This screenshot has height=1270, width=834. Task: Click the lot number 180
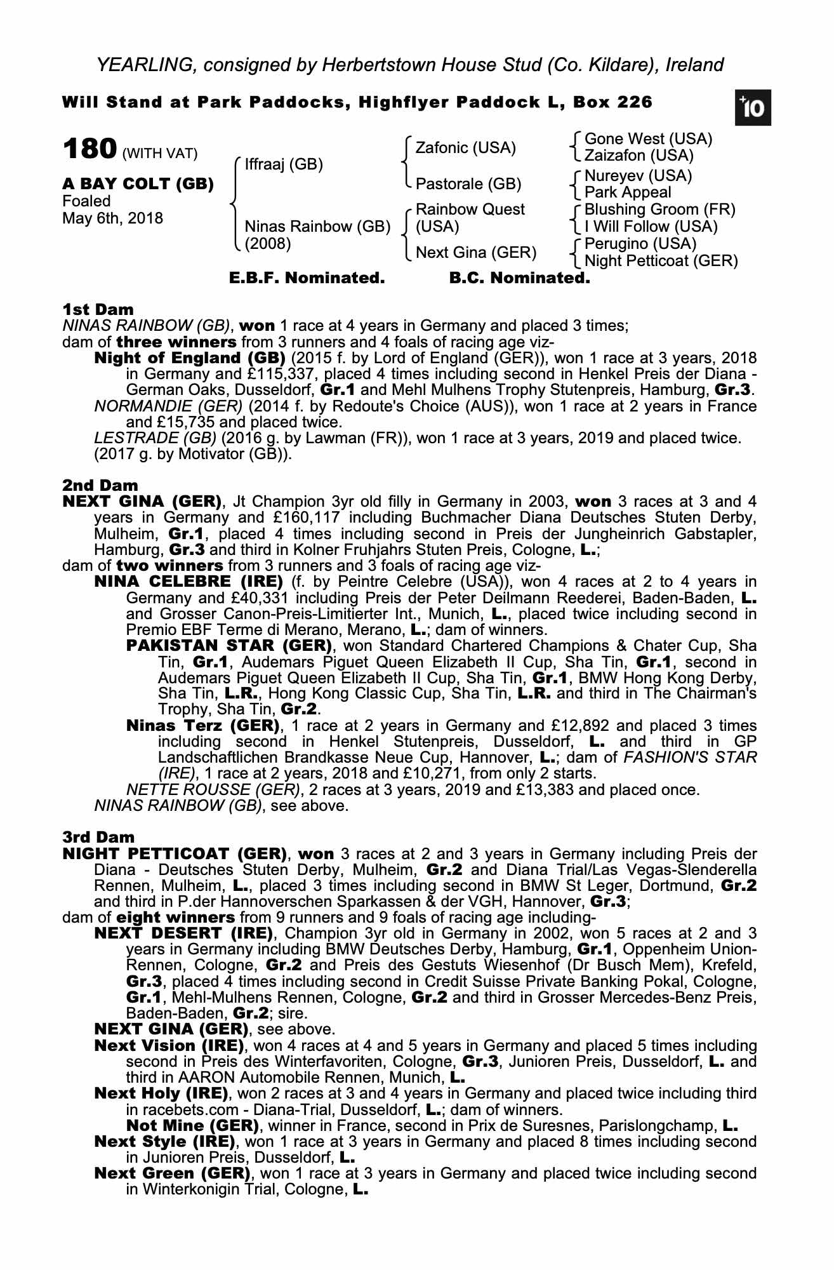point(89,149)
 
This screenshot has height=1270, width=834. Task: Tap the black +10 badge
point(752,109)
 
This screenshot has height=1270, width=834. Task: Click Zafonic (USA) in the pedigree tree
point(465,148)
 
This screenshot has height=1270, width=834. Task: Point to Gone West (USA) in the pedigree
point(648,139)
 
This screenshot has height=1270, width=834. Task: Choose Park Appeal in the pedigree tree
point(627,192)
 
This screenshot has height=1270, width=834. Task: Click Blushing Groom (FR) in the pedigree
point(659,210)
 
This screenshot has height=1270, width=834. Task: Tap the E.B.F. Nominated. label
point(307,278)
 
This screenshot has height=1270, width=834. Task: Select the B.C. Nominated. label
point(519,278)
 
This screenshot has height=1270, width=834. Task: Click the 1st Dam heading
point(98,310)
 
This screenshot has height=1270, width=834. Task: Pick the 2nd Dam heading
point(100,486)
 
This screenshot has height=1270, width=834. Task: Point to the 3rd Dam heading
point(99,838)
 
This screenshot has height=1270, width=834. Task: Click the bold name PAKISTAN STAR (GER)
point(229,646)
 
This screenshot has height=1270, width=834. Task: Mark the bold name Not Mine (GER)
point(192,1126)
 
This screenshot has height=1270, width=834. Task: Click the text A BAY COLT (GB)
point(138,184)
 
